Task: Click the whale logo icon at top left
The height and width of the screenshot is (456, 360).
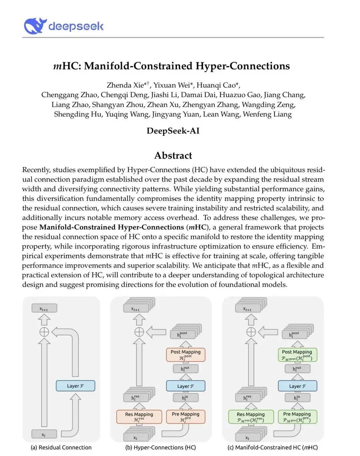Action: (x=34, y=26)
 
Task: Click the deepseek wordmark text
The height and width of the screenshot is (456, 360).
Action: (x=76, y=26)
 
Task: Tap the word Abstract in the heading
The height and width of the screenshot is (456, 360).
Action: (x=173, y=155)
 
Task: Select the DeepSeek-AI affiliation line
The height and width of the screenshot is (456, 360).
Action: (x=173, y=131)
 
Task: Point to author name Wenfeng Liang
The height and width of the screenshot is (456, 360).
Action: (x=267, y=114)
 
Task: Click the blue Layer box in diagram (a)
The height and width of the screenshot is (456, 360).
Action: (x=75, y=386)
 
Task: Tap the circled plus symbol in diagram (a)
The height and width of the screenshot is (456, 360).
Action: (x=44, y=332)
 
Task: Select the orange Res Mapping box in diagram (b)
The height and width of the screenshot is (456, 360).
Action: (x=139, y=417)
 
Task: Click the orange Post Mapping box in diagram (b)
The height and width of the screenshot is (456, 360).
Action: (x=186, y=355)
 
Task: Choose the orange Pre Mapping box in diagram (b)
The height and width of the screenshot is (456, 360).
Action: (x=186, y=417)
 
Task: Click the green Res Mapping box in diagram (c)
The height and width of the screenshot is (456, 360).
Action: (x=251, y=417)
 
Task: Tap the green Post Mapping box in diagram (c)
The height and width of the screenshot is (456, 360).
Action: (x=297, y=355)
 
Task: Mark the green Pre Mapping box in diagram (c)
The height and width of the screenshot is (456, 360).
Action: (x=297, y=417)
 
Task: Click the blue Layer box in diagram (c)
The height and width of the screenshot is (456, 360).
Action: (x=297, y=386)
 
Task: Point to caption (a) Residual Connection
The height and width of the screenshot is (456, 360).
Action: (x=61, y=448)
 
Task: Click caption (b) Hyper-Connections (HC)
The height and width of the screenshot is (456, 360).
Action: (x=161, y=448)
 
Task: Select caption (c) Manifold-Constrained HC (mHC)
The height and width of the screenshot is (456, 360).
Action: (x=272, y=448)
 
